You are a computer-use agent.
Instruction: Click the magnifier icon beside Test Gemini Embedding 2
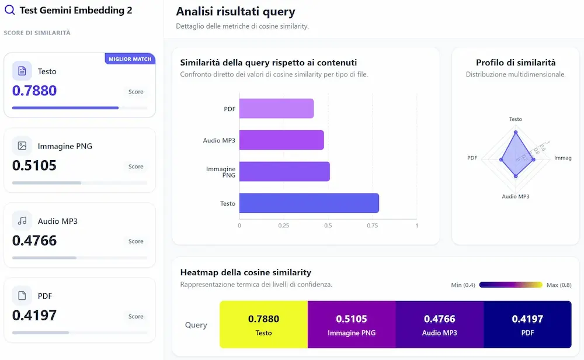(x=9, y=10)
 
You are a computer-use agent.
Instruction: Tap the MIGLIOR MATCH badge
(x=130, y=59)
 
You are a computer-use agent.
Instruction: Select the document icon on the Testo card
(x=22, y=71)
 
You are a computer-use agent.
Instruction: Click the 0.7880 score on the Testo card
(x=34, y=91)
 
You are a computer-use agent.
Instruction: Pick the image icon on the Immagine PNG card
(x=22, y=146)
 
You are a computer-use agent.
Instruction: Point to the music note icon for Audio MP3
(x=22, y=221)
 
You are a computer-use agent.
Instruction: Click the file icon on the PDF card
(x=22, y=296)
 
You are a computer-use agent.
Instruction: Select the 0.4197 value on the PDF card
(x=34, y=316)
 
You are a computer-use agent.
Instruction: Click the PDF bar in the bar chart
(x=276, y=109)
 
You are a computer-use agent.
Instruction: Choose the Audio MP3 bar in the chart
(x=281, y=140)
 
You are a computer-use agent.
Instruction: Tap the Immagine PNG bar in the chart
(x=284, y=171)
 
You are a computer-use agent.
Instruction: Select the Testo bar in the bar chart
(x=309, y=203)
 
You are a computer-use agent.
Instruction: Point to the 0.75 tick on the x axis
(x=372, y=226)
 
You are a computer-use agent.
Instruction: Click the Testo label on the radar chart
(x=515, y=119)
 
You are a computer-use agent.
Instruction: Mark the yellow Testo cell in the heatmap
(x=263, y=324)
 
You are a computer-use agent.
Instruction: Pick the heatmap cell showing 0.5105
(x=352, y=324)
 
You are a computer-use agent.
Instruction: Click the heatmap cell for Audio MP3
(x=439, y=324)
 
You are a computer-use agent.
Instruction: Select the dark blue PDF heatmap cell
(x=527, y=324)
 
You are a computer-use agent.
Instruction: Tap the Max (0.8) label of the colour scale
(x=559, y=285)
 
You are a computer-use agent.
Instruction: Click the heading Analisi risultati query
(x=235, y=12)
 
